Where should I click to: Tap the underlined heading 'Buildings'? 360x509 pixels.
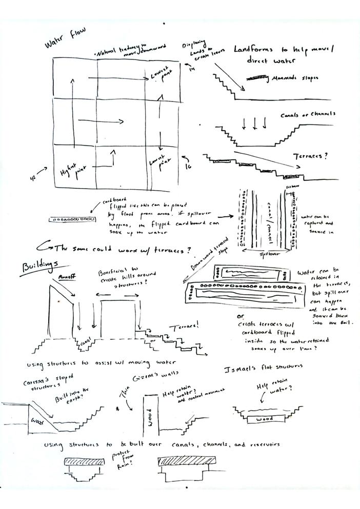click(x=39, y=267)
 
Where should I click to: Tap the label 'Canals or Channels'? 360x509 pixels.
click(x=308, y=114)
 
